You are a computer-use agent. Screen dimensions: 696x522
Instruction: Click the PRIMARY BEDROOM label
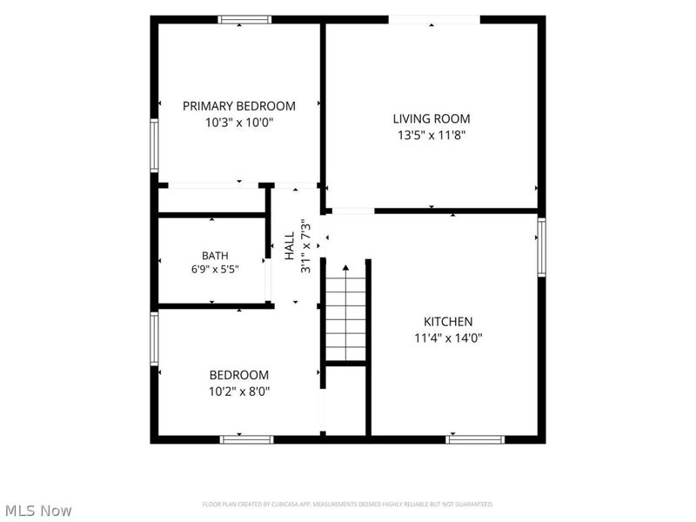tap(238, 106)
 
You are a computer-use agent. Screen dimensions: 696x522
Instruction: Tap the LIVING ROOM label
tap(432, 118)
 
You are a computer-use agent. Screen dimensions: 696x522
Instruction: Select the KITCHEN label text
tap(448, 321)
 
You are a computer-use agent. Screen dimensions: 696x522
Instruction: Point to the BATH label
tap(215, 256)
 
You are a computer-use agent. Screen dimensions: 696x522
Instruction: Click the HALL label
tap(290, 245)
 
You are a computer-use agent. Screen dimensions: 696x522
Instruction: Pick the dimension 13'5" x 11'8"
tap(432, 135)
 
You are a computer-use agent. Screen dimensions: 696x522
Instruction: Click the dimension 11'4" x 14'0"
tap(448, 338)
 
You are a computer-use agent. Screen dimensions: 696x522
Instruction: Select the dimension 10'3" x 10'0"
tap(238, 122)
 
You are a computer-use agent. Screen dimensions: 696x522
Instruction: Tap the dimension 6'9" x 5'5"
tap(215, 269)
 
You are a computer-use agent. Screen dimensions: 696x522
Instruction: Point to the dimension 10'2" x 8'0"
tap(239, 391)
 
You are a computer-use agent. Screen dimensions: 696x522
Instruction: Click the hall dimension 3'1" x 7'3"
tap(306, 245)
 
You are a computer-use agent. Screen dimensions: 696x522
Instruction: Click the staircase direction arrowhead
tap(345, 268)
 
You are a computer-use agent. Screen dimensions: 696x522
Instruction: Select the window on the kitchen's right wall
tap(541, 247)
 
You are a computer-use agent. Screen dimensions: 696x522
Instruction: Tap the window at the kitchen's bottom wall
tap(475, 439)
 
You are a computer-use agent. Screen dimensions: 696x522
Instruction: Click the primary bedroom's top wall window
tap(244, 19)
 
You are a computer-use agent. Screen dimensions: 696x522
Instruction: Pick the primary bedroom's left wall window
tap(154, 145)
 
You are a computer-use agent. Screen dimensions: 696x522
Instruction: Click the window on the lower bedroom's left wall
tap(154, 338)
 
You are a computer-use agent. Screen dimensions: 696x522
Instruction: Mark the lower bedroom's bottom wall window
tap(247, 439)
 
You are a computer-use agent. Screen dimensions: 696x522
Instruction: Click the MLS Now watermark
tap(38, 511)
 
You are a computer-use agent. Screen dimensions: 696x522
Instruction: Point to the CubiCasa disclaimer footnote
tap(348, 505)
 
